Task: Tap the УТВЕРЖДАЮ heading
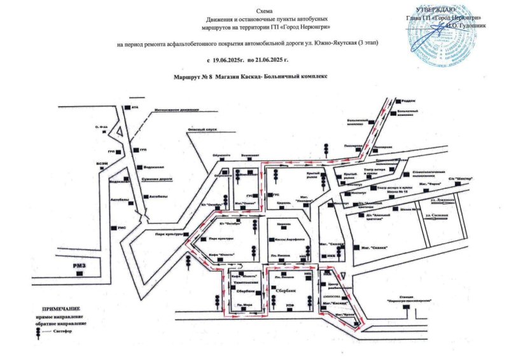pos(436,9)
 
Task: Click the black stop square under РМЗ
pos(79,273)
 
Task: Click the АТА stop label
pos(134,107)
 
